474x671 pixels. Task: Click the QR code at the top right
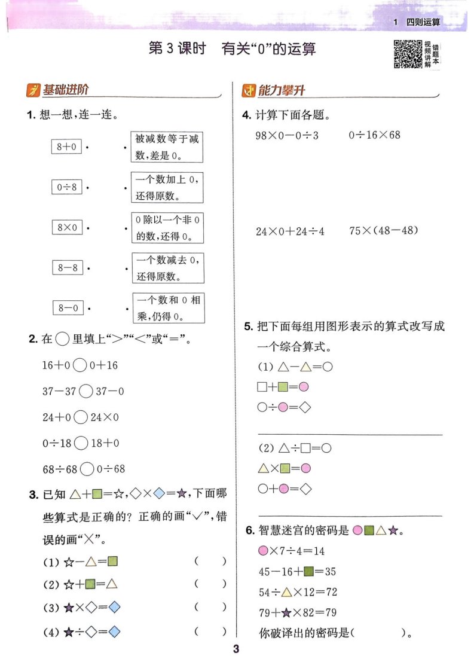[x=408, y=54]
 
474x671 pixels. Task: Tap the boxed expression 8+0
[x=66, y=147]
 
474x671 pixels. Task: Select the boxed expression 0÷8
[x=67, y=187]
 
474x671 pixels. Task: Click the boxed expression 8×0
[x=67, y=227]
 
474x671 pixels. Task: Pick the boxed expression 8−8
[x=68, y=267]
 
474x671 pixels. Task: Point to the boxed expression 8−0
[x=68, y=307]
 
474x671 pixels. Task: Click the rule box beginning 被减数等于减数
[x=167, y=147]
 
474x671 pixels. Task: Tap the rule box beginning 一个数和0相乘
[x=169, y=307]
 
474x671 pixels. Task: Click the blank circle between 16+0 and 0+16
[x=80, y=365]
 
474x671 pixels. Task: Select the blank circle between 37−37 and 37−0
[x=86, y=391]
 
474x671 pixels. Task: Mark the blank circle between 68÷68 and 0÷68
[x=87, y=469]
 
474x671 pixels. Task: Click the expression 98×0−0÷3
[x=287, y=136]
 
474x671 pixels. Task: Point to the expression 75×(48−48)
[x=384, y=231]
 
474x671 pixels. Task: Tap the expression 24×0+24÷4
[x=290, y=231]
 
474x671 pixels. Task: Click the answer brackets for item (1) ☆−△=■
[x=210, y=561]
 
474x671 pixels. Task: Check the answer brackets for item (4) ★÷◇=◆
[x=210, y=631]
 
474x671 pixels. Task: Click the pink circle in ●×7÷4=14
[x=263, y=551]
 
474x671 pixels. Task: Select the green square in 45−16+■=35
[x=308, y=571]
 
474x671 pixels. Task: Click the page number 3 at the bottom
[x=236, y=649]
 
